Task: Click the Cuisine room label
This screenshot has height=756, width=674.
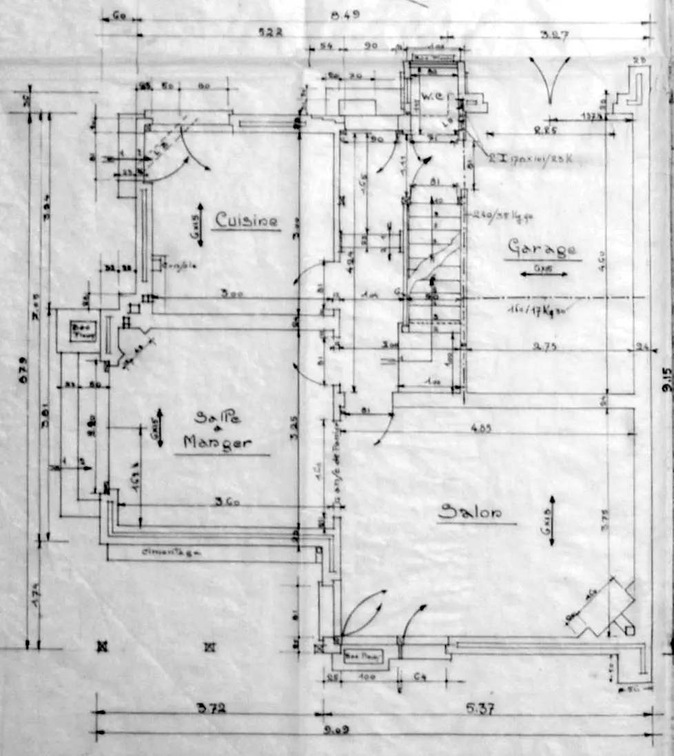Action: [246, 220]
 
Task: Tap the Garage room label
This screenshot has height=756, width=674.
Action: [542, 248]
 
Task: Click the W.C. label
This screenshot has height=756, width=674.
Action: [432, 94]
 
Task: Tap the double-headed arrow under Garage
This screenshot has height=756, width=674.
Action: [544, 274]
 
